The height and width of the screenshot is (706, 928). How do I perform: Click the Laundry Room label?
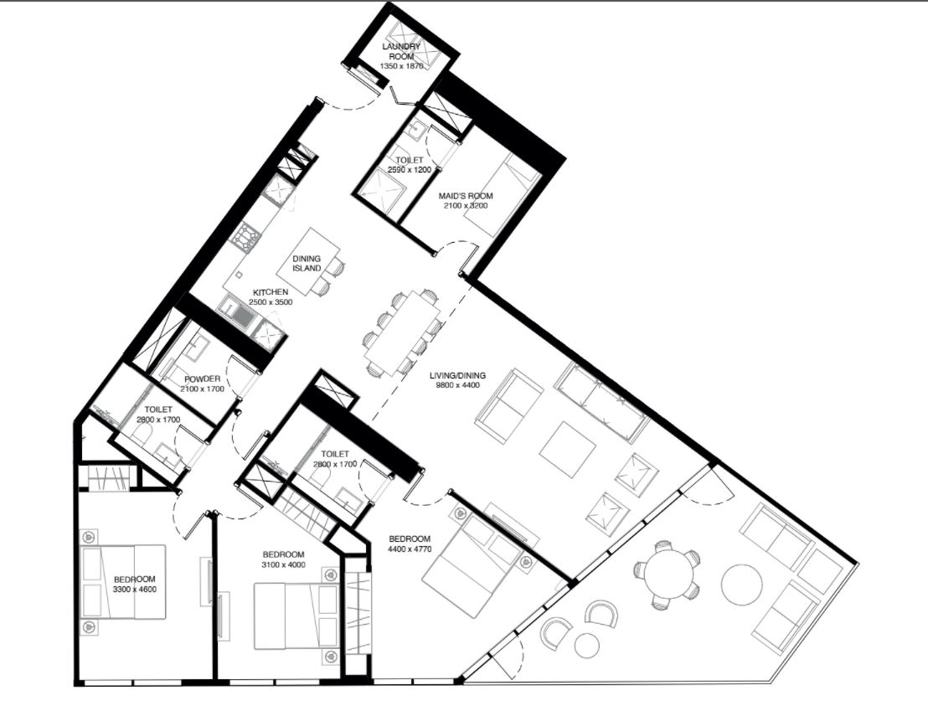tap(401, 51)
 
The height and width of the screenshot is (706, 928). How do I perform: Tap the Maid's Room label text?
tap(465, 196)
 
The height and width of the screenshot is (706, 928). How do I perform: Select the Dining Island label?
tap(307, 263)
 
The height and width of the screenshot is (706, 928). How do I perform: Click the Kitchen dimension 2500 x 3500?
tap(271, 301)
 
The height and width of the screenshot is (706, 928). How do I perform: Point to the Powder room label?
tap(203, 379)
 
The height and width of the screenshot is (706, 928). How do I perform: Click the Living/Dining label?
tap(457, 375)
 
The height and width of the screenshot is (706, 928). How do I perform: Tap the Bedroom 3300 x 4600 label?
tap(135, 584)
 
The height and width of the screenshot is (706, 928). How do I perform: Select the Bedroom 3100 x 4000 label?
tap(283, 559)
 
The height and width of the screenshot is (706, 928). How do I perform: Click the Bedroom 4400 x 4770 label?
tap(410, 544)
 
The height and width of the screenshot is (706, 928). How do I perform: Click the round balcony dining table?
tap(668, 574)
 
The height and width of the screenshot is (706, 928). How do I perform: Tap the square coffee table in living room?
tap(567, 449)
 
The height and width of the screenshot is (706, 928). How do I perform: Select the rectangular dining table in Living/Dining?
tap(403, 334)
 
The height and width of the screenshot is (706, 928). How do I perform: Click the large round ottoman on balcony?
tap(741, 585)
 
